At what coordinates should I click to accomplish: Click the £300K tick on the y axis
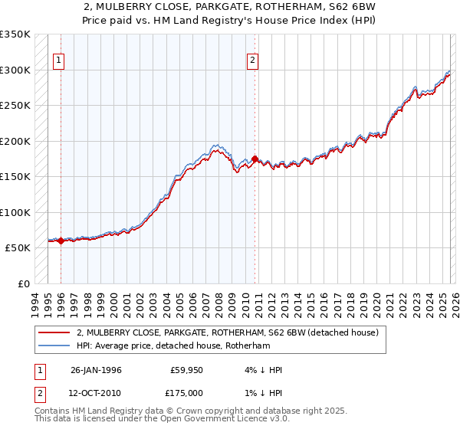pyautogui.click(x=15, y=70)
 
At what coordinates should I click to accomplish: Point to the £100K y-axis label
pyautogui.click(x=15, y=212)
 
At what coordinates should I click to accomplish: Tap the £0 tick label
pyautogui.click(x=23, y=283)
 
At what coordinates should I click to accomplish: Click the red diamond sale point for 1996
pyautogui.click(x=61, y=241)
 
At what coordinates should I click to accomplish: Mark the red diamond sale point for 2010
pyautogui.click(x=255, y=159)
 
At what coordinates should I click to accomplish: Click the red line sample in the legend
pyautogui.click(x=55, y=332)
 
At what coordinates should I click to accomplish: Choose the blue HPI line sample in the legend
pyautogui.click(x=55, y=345)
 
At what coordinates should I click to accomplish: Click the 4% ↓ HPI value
pyautogui.click(x=261, y=370)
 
